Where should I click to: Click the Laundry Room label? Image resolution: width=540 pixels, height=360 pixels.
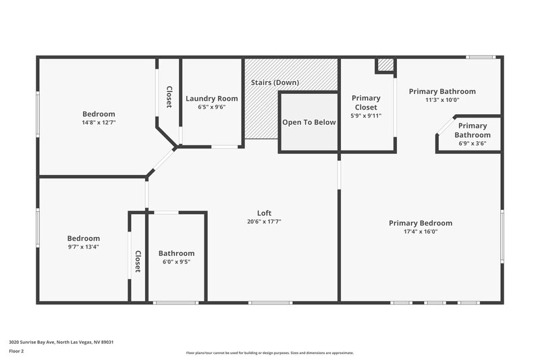click(x=211, y=98)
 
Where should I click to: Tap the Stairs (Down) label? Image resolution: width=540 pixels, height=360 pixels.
click(x=275, y=82)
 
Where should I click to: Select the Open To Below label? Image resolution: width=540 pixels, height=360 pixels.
click(x=308, y=122)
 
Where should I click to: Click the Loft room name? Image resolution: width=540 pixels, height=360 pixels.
click(x=265, y=213)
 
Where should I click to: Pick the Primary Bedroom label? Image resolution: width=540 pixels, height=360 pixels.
click(x=421, y=223)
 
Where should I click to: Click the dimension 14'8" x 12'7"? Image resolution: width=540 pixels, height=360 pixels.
click(x=99, y=122)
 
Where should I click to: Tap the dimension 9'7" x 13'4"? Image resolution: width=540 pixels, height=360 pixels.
click(x=84, y=247)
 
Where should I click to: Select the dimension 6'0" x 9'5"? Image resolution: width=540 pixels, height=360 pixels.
click(x=177, y=261)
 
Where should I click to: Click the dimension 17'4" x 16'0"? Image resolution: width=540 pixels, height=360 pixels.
click(x=421, y=231)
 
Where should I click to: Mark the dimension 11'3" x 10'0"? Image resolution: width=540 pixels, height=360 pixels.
click(x=442, y=100)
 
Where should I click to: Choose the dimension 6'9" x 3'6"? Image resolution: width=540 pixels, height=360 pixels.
click(x=473, y=143)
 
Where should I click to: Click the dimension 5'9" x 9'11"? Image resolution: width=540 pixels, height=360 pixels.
click(x=367, y=115)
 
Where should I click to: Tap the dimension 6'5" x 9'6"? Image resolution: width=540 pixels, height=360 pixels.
click(x=211, y=107)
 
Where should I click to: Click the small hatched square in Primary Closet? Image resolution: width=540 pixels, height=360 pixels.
click(x=385, y=65)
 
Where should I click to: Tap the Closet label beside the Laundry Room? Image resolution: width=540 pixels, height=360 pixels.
click(x=169, y=97)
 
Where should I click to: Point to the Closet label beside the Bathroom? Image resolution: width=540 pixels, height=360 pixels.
click(x=138, y=261)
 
